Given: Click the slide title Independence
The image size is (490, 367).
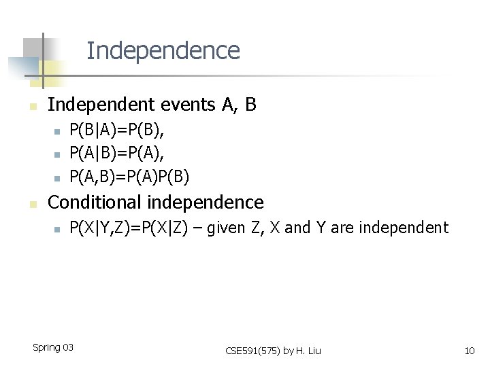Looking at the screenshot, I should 163,51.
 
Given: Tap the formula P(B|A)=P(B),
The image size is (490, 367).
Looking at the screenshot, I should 117,130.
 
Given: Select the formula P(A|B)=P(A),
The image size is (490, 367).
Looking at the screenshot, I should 117,154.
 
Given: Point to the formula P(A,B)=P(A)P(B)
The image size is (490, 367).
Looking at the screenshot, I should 129,177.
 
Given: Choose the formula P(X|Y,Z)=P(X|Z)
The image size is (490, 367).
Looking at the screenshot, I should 129,228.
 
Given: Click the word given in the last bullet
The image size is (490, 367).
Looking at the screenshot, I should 223,228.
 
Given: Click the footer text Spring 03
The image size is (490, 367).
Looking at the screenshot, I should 53,348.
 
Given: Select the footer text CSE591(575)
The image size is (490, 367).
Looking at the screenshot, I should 252,351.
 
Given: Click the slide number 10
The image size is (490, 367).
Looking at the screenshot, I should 469,351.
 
